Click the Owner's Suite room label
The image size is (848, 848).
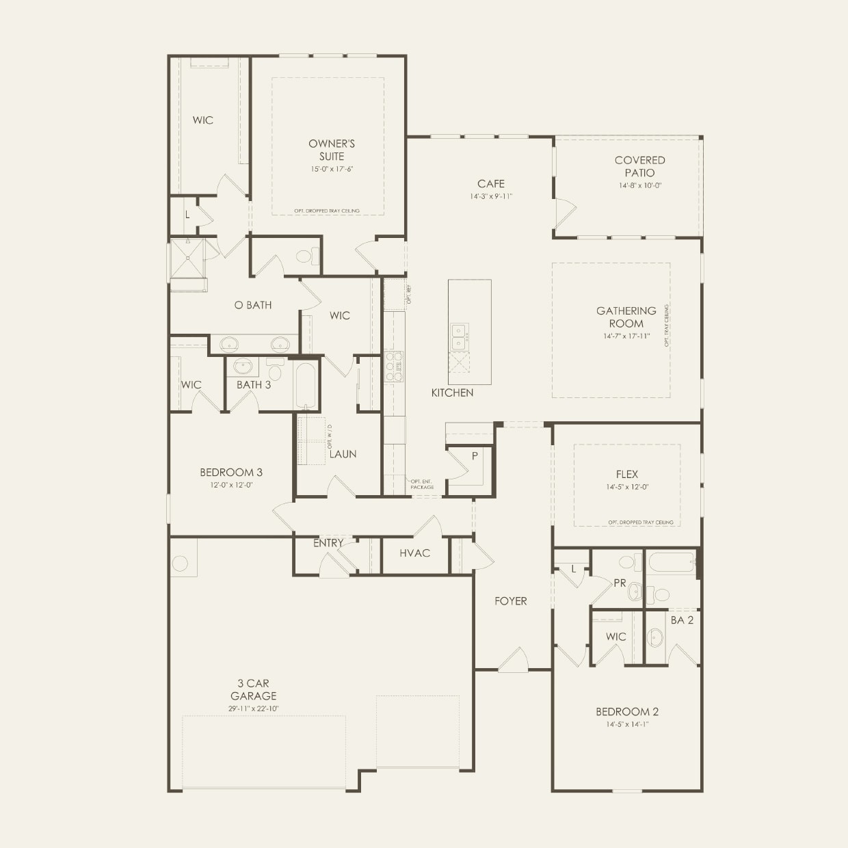tap(332, 150)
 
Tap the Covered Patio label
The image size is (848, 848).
tap(639, 166)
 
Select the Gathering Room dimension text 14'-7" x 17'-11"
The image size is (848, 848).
tap(626, 336)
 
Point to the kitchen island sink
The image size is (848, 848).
tap(459, 334)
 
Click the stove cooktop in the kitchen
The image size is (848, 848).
tap(394, 366)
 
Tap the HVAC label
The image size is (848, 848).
tap(414, 553)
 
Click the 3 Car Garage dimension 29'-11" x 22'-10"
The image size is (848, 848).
tap(254, 708)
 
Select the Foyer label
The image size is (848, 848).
tap(511, 601)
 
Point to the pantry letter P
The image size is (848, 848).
tap(474, 455)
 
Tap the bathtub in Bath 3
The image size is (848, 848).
tap(306, 384)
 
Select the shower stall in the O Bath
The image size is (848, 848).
tap(187, 259)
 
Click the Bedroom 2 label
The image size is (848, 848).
tap(626, 711)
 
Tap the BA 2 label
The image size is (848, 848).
tap(682, 620)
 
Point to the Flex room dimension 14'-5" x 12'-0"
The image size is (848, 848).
tap(626, 487)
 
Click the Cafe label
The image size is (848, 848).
tap(491, 183)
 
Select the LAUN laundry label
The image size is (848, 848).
tap(343, 454)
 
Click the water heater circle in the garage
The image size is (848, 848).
tap(180, 564)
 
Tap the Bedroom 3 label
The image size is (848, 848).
tap(231, 472)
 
